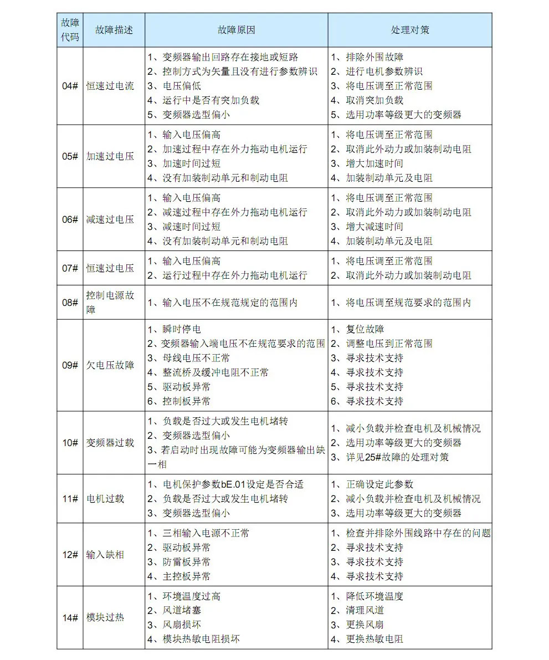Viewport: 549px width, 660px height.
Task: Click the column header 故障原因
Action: coord(236,30)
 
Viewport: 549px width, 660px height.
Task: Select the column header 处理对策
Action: coord(409,30)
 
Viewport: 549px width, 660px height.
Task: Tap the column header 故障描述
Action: coord(114,30)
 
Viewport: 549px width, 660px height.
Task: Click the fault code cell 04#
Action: coord(70,86)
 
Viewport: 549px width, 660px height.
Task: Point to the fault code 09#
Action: coord(70,365)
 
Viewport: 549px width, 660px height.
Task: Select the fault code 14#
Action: coord(70,617)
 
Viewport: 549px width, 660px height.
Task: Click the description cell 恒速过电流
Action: coord(110,86)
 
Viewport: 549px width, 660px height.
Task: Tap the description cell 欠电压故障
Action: coord(110,365)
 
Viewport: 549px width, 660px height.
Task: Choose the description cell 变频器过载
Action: coord(110,442)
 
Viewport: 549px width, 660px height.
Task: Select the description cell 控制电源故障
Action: coord(110,302)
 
